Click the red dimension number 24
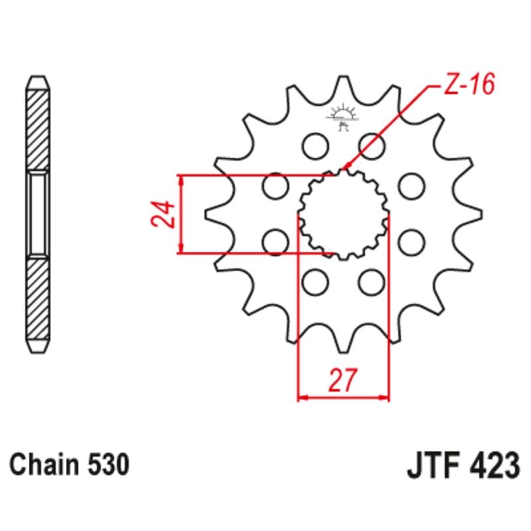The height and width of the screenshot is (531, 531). point(165,214)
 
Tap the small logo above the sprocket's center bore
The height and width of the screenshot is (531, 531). point(343,114)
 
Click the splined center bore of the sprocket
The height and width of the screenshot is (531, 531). point(342,214)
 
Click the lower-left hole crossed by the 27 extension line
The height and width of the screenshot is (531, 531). point(314,283)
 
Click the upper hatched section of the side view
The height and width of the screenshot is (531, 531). point(37,126)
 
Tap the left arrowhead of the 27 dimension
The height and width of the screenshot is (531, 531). point(301,398)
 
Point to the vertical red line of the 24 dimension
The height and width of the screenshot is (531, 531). point(181,214)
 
